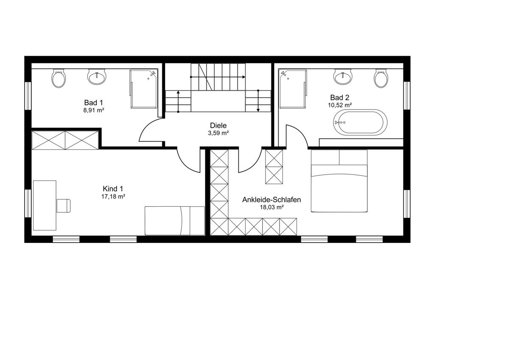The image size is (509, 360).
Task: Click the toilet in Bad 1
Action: click(x=59, y=79)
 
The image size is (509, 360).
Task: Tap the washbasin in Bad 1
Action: click(x=97, y=77)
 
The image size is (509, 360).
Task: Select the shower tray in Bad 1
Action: click(x=144, y=89)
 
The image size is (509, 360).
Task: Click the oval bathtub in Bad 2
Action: click(x=361, y=122)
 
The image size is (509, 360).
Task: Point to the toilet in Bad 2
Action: click(x=381, y=79)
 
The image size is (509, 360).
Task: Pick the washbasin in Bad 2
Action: click(x=343, y=77)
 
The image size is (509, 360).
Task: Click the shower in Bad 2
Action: click(x=293, y=89)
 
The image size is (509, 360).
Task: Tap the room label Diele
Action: click(x=218, y=126)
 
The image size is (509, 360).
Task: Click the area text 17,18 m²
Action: click(x=113, y=197)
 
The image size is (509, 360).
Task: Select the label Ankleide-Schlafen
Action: click(x=271, y=200)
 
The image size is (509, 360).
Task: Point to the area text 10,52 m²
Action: click(x=340, y=105)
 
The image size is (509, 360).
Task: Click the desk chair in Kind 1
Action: click(x=63, y=205)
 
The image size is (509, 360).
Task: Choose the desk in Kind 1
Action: click(x=45, y=205)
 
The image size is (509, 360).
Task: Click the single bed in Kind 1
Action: click(x=175, y=221)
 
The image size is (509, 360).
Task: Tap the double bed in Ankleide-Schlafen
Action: click(x=339, y=181)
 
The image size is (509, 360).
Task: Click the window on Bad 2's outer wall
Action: click(x=407, y=96)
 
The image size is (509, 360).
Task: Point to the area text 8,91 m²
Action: click(x=94, y=110)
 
